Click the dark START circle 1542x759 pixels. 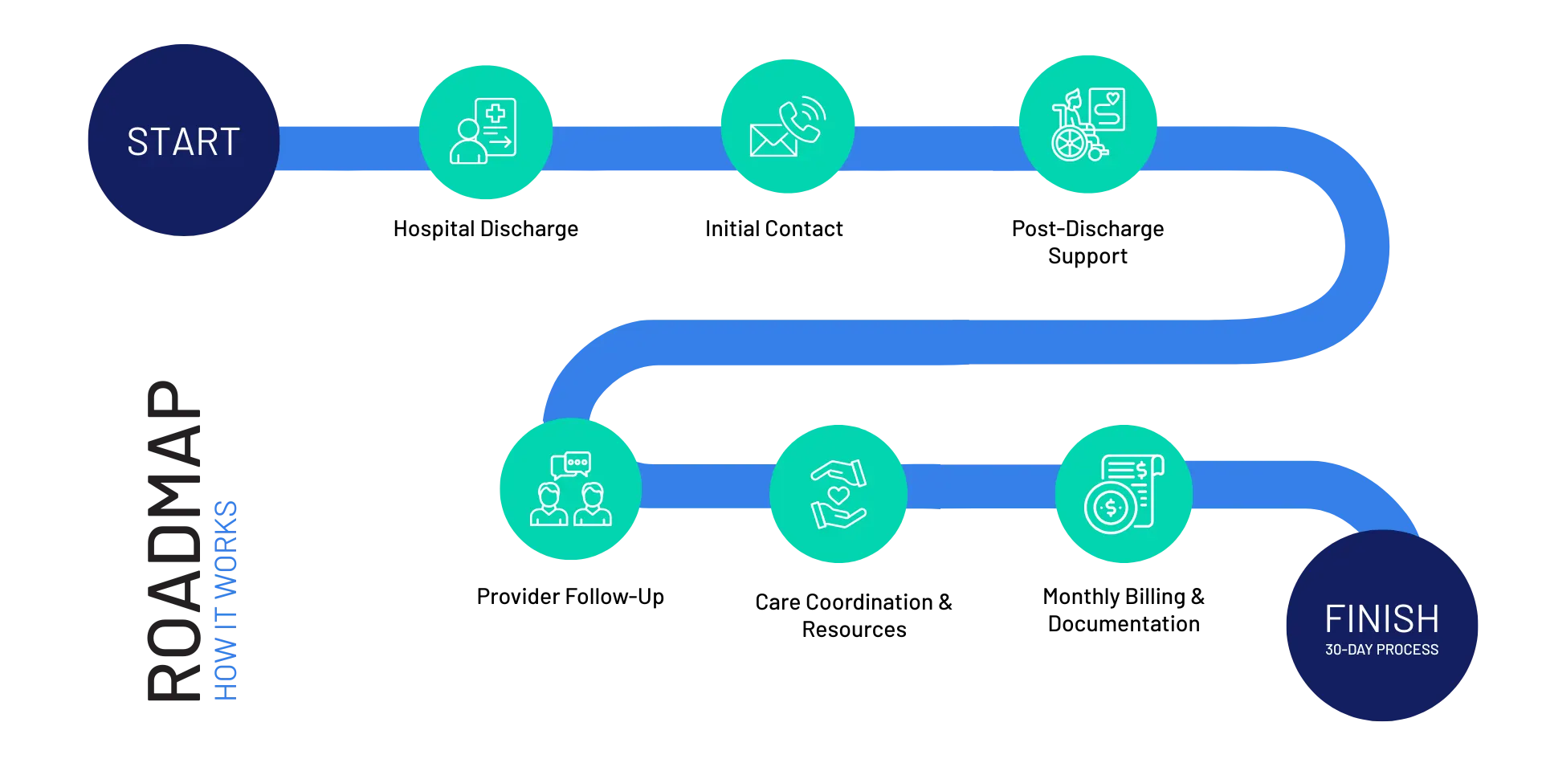(x=184, y=140)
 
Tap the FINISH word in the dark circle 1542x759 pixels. (x=1381, y=619)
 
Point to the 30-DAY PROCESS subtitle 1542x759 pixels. (x=1381, y=650)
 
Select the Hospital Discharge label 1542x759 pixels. (x=486, y=229)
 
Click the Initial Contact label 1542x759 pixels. (x=774, y=229)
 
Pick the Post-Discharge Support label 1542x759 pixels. (x=1088, y=242)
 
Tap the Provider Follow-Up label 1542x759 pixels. (x=570, y=597)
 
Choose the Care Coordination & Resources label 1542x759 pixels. (x=854, y=616)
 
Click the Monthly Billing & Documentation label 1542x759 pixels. (x=1124, y=610)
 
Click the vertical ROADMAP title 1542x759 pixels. (x=174, y=541)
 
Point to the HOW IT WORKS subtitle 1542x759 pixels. (x=226, y=601)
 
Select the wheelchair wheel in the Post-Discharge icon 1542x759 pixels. (x=1070, y=145)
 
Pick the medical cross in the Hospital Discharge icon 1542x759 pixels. (x=496, y=113)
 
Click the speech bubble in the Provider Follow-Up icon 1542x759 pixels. (x=577, y=463)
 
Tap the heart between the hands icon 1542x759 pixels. (x=839, y=495)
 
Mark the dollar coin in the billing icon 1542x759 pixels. (x=1111, y=508)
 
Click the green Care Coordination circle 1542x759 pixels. (x=838, y=494)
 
